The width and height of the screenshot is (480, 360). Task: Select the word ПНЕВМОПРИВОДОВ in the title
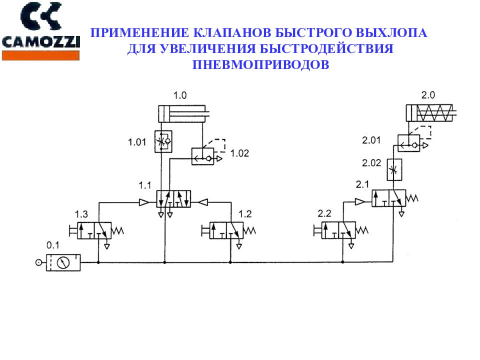tap(260, 65)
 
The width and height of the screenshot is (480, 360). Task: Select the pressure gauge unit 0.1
tap(63, 262)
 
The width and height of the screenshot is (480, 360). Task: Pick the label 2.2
tap(324, 214)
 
